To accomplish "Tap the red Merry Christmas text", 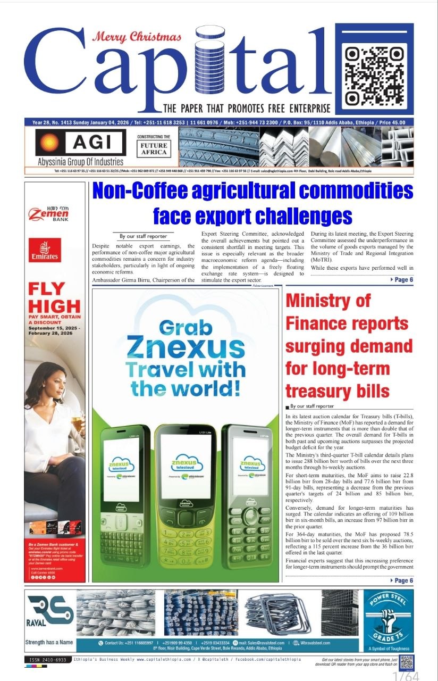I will pos(137,37).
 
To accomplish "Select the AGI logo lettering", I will pos(96,143).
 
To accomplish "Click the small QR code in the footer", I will pos(407,661).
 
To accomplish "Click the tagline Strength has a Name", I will pos(49,643).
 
